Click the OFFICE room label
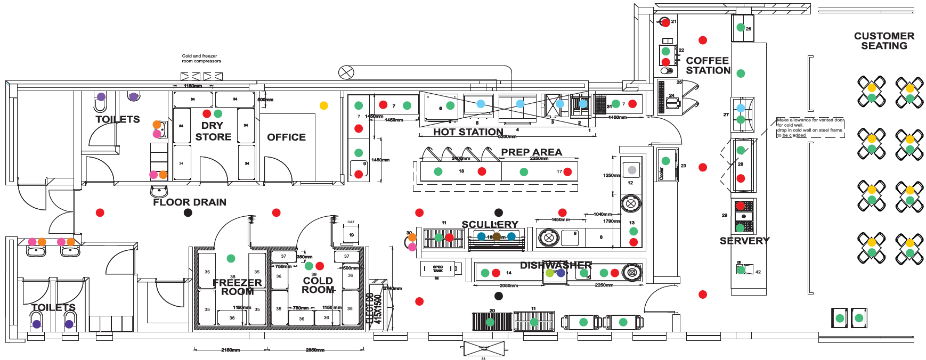[x=286, y=137]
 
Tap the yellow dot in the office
[x=323, y=105]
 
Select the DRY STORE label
[x=213, y=131]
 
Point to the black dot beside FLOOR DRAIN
[x=188, y=212]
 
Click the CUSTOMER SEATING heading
[x=884, y=41]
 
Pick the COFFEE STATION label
[x=708, y=66]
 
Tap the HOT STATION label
[x=468, y=132]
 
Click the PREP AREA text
[x=531, y=152]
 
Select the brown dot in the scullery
[x=497, y=236]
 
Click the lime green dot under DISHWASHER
[x=550, y=273]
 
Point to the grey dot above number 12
[x=632, y=170]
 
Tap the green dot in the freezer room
[x=231, y=258]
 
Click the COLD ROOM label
[x=318, y=285]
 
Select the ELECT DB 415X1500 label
[x=375, y=308]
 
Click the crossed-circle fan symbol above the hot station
[x=346, y=72]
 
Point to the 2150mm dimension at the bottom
[x=230, y=350]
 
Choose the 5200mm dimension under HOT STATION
[x=507, y=137]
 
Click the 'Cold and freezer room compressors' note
[x=201, y=59]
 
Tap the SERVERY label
[x=744, y=241]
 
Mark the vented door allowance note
[x=810, y=128]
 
